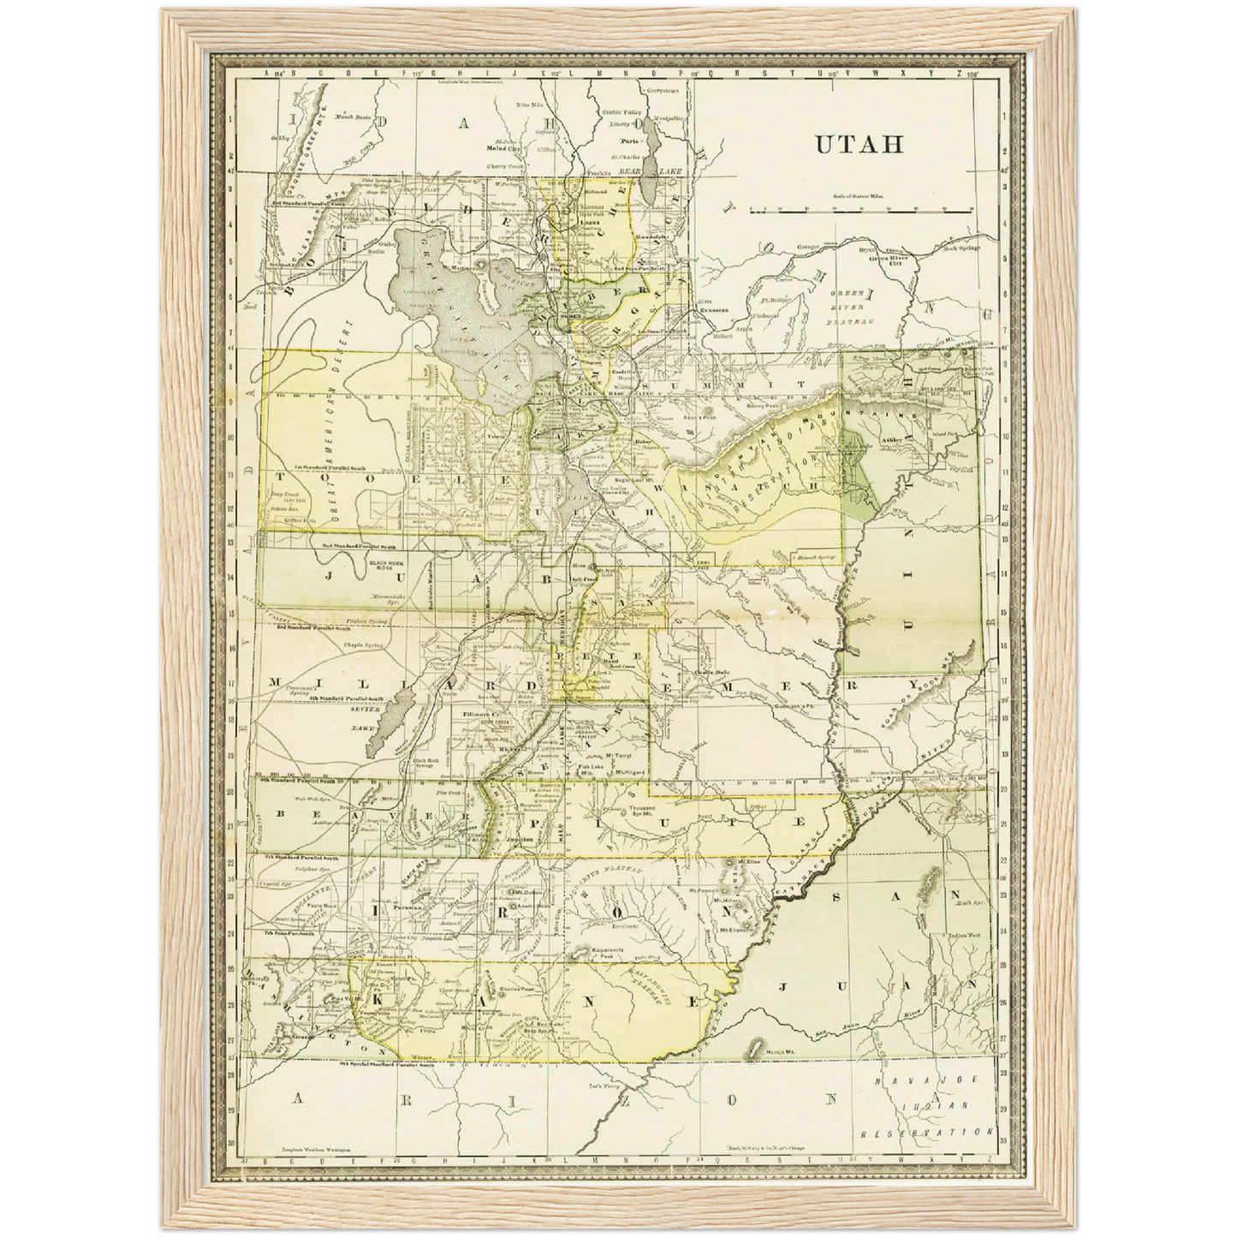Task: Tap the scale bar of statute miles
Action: [860, 209]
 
